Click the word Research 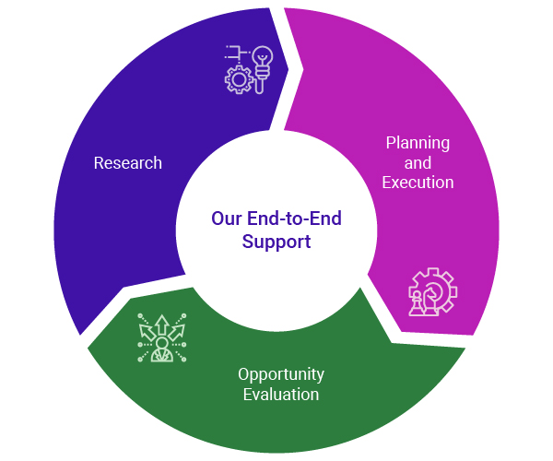pos(128,163)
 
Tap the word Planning pos(418,143)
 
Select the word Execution pos(418,183)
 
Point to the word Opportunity pos(281,374)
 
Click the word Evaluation pos(281,395)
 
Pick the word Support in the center pos(276,242)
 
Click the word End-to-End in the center pos(294,219)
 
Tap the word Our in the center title pos(226,219)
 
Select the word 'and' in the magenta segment pos(418,163)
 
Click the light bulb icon pos(262,69)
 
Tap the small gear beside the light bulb pos(239,79)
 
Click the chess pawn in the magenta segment pos(417,303)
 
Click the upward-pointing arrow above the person pos(162,325)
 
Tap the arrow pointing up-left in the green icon pos(147,332)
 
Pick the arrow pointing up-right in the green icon pos(177,332)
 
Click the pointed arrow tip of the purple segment pos(288,69)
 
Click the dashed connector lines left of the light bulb pos(237,53)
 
